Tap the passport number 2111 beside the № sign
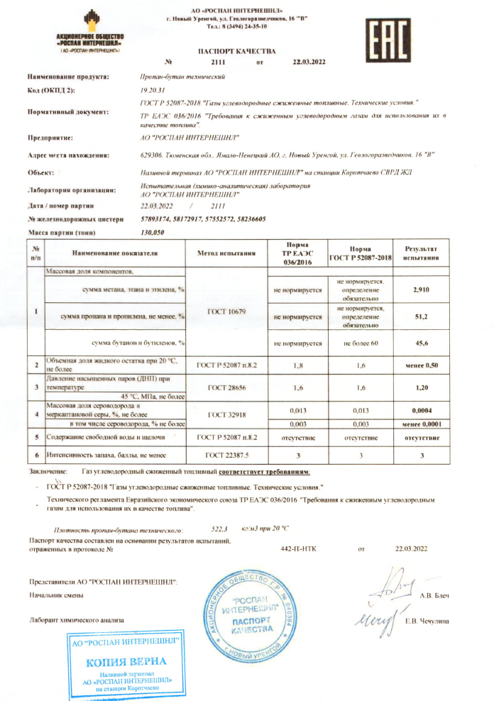218,63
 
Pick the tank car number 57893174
156,219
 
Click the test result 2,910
422,289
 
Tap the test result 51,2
422,316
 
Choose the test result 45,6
422,343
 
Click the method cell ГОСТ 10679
225,311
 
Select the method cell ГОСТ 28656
225,389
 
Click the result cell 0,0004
422,410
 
